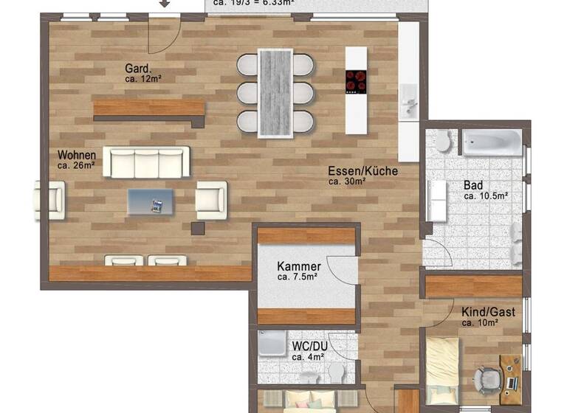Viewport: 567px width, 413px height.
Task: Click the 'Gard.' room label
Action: point(138,69)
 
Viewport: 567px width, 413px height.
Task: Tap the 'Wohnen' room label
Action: point(77,156)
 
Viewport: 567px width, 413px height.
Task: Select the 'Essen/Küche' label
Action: point(363,171)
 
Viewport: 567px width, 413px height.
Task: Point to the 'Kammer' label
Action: point(298,266)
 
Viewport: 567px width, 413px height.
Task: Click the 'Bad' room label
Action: point(472,185)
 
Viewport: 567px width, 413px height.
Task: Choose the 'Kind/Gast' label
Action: point(488,312)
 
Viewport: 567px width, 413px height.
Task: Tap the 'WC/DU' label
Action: point(309,346)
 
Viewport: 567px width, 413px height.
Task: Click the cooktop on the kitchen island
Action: point(356,81)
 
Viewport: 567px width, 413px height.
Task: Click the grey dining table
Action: point(275,92)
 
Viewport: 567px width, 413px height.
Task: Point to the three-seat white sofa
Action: point(146,162)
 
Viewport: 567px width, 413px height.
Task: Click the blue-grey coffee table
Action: point(151,201)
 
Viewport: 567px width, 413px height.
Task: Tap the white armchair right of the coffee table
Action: point(211,199)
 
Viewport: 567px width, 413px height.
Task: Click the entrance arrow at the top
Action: point(165,3)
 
